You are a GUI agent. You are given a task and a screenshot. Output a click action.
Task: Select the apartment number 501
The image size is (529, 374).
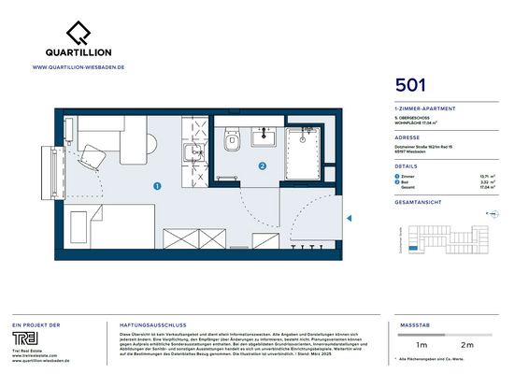(411, 85)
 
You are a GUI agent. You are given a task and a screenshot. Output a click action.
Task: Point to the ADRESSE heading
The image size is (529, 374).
(407, 137)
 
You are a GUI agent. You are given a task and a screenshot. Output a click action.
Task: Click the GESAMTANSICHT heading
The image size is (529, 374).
(418, 200)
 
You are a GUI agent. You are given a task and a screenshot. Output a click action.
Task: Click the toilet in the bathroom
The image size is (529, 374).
(232, 140)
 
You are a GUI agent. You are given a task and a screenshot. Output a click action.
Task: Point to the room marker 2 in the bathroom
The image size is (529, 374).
(263, 167)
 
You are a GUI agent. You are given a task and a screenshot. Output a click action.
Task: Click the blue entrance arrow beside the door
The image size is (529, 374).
(350, 218)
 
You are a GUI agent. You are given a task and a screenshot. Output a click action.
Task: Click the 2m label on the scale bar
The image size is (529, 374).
(467, 345)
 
